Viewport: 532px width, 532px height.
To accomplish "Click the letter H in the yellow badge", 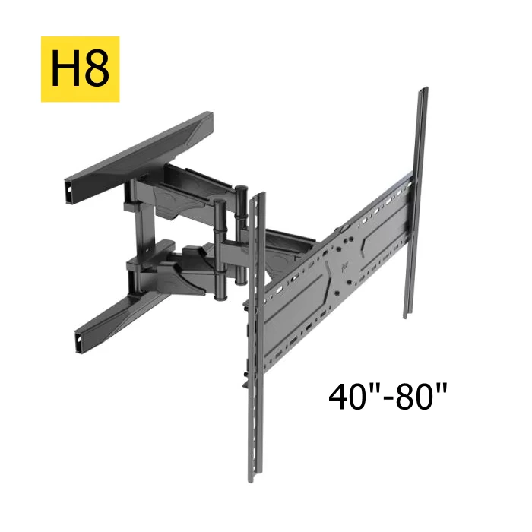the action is click(65, 68).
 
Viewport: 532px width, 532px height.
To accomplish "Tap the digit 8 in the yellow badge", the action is click(97, 68).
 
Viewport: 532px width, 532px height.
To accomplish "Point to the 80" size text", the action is click(421, 396).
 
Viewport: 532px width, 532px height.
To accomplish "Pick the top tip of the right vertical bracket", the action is click(424, 89).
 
